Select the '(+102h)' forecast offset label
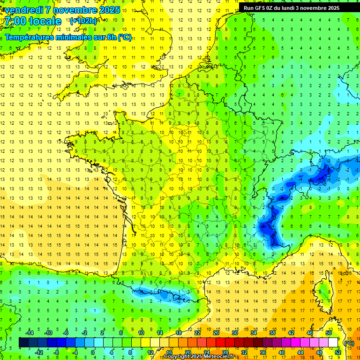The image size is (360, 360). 83,21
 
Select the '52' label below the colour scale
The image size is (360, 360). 338,352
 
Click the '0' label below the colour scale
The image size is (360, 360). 92,352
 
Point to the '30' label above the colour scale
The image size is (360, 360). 235,333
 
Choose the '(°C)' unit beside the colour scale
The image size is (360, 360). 349,343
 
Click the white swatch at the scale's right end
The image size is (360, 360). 333,343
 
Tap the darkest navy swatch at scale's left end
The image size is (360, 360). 23,343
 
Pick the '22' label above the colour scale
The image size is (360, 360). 197,333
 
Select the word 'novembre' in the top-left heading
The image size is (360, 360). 73,10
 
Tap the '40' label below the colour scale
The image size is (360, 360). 282,352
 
